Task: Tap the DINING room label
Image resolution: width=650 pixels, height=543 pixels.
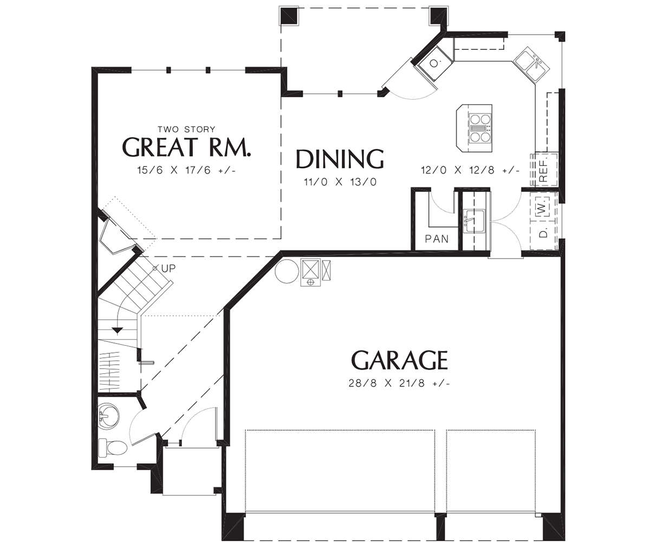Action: point(340,159)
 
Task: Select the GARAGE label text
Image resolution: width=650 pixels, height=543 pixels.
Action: point(399,360)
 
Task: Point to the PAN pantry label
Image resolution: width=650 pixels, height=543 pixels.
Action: point(437,239)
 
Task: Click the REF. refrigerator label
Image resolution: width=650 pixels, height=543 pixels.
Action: point(543,171)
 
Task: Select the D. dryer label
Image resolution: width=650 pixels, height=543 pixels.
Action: point(543,234)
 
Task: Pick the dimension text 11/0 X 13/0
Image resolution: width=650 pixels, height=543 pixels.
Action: point(340,182)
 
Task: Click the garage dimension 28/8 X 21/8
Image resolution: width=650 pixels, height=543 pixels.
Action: point(399,383)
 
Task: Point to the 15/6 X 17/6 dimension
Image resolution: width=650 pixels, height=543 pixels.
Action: point(186,170)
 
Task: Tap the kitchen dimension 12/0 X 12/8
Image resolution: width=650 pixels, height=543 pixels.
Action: point(470,170)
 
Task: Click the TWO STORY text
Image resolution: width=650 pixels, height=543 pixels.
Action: point(186,129)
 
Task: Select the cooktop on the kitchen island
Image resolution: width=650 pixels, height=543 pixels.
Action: point(480,128)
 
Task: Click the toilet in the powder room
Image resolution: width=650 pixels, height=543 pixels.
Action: point(112,448)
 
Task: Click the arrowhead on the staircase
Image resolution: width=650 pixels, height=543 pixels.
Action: point(118,330)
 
